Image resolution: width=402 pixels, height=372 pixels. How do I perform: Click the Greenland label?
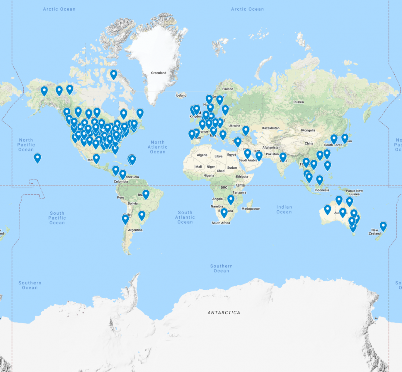point(158,73)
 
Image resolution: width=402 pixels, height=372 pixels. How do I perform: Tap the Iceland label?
point(181,95)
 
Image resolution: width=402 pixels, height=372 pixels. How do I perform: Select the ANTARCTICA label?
point(224,313)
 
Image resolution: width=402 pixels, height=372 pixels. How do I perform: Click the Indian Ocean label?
point(284,209)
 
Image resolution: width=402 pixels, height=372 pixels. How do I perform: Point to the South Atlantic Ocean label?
point(185,217)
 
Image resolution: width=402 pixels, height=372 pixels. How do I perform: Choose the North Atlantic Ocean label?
point(158,147)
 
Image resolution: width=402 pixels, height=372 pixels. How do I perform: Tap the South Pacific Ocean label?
point(57,218)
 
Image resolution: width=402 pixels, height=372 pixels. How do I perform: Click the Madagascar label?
point(251,209)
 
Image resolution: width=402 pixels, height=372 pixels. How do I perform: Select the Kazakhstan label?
point(271,128)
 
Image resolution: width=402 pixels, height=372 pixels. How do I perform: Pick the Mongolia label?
point(308,130)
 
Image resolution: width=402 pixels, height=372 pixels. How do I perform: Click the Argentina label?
point(135,230)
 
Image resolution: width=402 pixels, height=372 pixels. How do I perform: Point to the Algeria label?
point(202,155)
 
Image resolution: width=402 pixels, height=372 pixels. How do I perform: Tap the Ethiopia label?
point(242,177)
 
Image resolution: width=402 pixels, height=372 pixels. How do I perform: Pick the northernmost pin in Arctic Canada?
point(114,74)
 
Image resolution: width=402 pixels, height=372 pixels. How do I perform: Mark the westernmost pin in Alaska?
point(44,91)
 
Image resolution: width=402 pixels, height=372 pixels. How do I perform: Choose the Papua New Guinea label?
point(354,192)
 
